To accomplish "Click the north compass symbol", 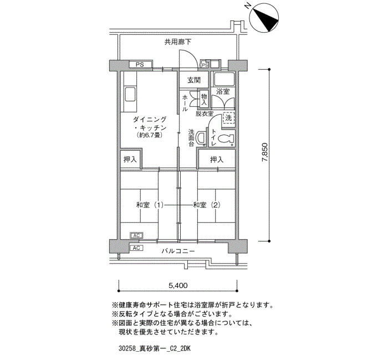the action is (x=264, y=18).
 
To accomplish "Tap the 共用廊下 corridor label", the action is (x=178, y=42).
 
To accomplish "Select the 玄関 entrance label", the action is (x=194, y=80).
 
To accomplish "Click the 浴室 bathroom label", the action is (x=223, y=91).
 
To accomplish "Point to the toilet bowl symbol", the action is (x=227, y=138).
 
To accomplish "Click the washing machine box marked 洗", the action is (x=228, y=118).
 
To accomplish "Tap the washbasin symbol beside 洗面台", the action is (x=201, y=138).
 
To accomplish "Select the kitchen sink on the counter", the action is (x=130, y=94).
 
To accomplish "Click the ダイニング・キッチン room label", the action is (x=150, y=124).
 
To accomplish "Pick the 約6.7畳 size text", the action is (x=150, y=136).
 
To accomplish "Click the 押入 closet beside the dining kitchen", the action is (x=130, y=160).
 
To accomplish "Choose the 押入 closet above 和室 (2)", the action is (x=217, y=160).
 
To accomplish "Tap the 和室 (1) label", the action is (x=150, y=205).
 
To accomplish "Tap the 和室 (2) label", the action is (x=207, y=205).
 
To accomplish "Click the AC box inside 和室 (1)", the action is (x=136, y=235).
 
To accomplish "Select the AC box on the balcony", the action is (x=136, y=248).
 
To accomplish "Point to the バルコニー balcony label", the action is (x=178, y=251).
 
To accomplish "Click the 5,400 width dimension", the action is (x=178, y=286).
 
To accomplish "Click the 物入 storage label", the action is (x=204, y=99).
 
